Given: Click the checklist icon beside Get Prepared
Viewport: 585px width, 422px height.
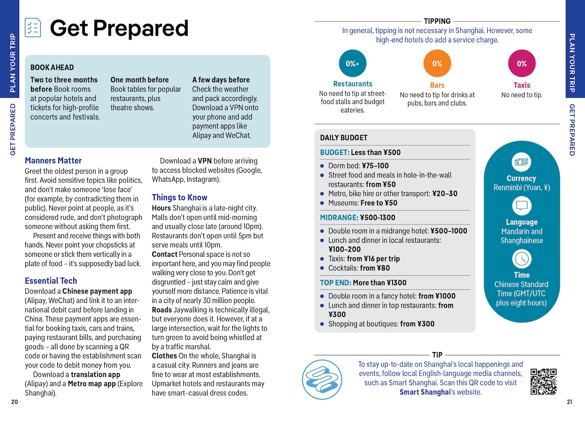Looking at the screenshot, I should click(x=33, y=28).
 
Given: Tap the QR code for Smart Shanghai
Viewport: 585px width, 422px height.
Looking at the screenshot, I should click(x=544, y=381).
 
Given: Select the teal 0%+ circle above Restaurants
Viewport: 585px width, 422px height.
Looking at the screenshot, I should click(x=352, y=63).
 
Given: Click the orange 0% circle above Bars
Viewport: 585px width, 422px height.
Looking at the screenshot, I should click(x=437, y=63).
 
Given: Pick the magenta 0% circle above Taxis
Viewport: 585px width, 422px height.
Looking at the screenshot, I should click(x=521, y=63).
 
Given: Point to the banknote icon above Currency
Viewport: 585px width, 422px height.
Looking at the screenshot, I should click(x=521, y=162).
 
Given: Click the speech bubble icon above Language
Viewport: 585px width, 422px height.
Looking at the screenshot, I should click(x=521, y=206).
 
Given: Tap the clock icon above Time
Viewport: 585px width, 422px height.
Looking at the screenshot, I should click(x=521, y=259).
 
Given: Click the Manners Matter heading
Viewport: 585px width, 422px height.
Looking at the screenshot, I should click(x=53, y=161).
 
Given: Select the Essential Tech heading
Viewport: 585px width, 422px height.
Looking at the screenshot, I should click(x=51, y=281).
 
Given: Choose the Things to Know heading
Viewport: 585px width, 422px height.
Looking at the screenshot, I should click(x=179, y=197).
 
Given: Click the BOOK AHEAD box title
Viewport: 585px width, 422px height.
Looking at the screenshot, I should click(x=52, y=67).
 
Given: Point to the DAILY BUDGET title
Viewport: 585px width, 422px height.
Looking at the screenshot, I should click(x=343, y=138).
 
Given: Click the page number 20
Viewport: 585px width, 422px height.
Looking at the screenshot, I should click(x=14, y=402).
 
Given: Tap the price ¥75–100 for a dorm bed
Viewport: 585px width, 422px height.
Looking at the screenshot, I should click(x=375, y=166).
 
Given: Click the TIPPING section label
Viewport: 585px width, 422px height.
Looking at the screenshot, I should click(x=437, y=21).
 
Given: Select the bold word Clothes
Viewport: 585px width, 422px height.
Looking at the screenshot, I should click(x=164, y=356).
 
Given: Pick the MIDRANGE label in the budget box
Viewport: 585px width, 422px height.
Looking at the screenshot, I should click(x=338, y=218).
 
